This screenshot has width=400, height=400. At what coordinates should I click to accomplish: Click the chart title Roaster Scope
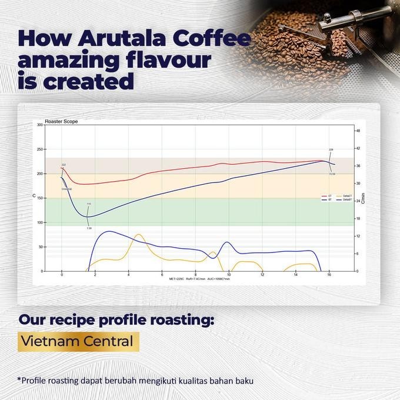tap(65, 121)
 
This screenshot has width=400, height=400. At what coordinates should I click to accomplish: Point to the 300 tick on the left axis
tap(39, 125)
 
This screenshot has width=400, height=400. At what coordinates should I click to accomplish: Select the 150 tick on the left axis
tap(39, 198)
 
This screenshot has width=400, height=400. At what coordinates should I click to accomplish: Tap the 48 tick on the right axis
tap(358, 131)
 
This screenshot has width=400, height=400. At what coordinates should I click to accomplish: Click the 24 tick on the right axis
tap(358, 201)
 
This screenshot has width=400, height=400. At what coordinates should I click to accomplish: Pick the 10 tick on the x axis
tap(229, 275)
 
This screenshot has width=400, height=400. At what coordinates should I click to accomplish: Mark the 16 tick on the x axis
tap(329, 275)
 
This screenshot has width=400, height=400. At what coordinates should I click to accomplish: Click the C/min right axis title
tap(364, 198)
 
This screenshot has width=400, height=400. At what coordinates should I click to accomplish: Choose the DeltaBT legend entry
tap(347, 200)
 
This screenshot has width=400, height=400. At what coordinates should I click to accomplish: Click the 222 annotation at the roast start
tap(64, 165)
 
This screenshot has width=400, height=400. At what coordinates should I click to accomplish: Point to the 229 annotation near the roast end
tap(331, 150)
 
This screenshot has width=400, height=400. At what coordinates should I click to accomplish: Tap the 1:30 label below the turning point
tap(89, 228)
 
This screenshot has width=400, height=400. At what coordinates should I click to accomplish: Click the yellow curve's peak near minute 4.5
tap(138, 235)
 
